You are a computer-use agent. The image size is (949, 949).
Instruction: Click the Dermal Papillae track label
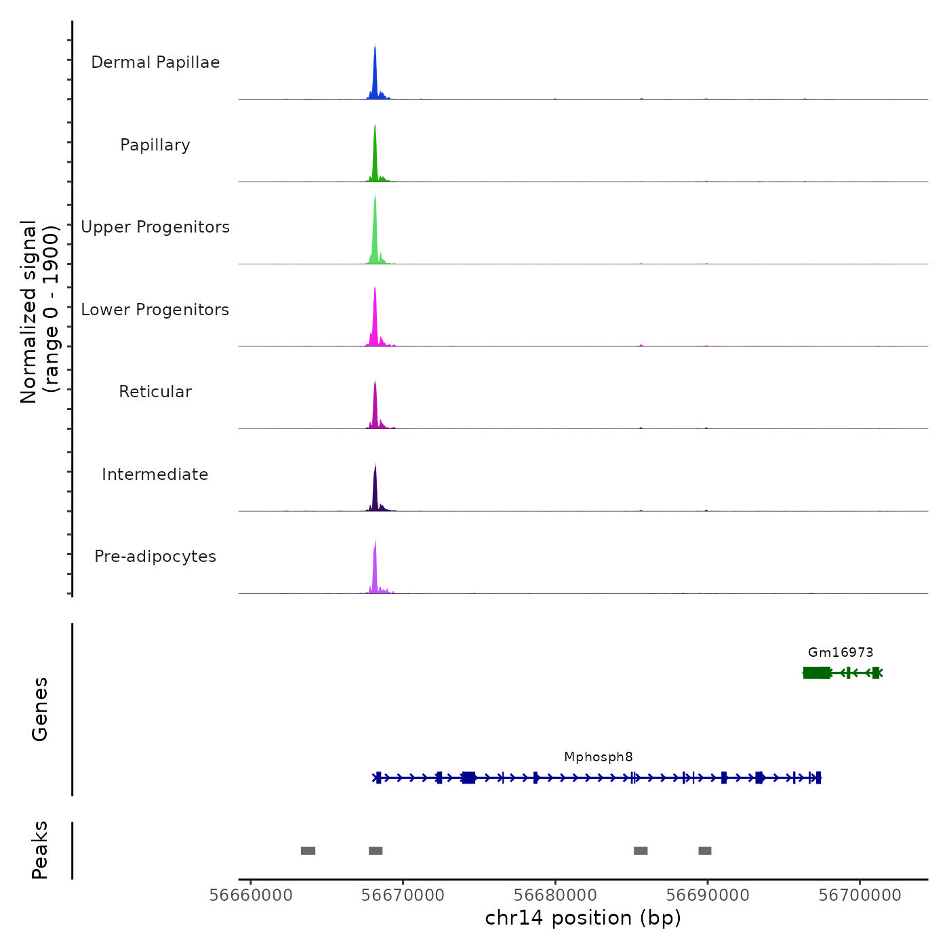pos(155,62)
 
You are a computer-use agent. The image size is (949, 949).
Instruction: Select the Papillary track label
pos(155,145)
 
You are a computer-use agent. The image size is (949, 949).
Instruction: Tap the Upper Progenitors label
pos(155,227)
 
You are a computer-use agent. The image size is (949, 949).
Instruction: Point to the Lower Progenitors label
pos(155,310)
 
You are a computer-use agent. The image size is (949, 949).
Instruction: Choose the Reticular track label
pos(155,392)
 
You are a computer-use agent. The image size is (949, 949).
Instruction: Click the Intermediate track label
pos(155,474)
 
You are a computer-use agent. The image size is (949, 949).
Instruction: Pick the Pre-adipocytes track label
pos(155,557)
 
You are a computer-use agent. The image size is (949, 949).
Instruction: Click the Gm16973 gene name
pos(841,653)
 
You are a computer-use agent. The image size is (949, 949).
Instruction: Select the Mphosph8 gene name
pos(599,757)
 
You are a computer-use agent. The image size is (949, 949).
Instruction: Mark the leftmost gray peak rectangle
pos(308,851)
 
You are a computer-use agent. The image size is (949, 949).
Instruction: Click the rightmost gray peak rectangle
pos(705,851)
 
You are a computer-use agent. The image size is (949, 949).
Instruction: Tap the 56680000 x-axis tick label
pos(555,895)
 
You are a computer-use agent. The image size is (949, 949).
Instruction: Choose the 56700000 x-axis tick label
pos(860,895)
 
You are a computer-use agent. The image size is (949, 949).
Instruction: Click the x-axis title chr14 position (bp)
pos(583,918)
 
